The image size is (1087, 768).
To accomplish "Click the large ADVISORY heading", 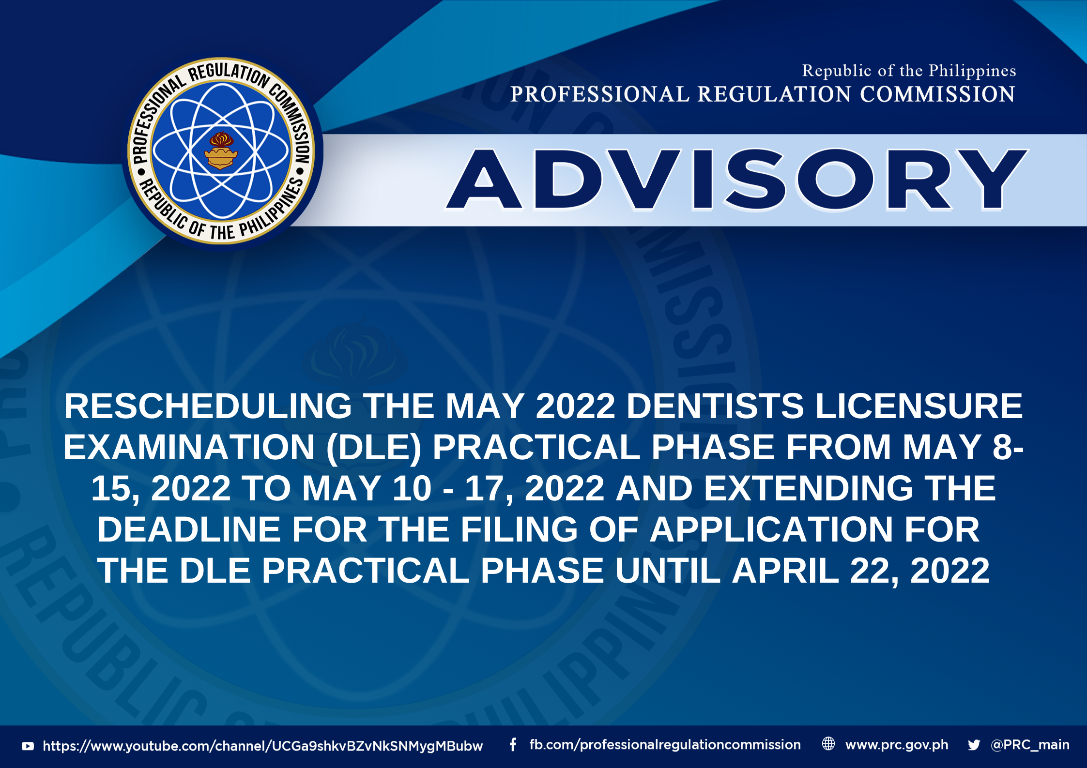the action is click(x=736, y=180).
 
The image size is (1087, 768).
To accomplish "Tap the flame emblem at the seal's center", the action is click(x=221, y=151).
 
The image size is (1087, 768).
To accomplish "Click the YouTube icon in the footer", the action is click(x=28, y=746).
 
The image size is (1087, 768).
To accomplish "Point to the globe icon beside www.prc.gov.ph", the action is click(x=828, y=744).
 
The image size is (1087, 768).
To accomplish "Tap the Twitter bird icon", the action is click(x=974, y=745).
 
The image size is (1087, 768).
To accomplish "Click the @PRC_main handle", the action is click(x=1030, y=745).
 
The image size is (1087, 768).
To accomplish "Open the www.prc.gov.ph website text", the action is click(x=897, y=745).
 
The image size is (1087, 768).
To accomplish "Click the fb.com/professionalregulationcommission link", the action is click(x=665, y=745).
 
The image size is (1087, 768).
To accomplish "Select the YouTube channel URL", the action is click(x=263, y=746).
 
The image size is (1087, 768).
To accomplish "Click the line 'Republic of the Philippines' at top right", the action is click(x=909, y=71).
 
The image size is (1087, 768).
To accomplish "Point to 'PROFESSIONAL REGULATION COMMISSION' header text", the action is click(x=763, y=94).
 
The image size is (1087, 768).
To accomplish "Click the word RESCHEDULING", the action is click(x=208, y=406).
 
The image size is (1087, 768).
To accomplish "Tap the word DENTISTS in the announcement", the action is click(x=715, y=406).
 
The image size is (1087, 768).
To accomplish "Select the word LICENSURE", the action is click(x=919, y=406).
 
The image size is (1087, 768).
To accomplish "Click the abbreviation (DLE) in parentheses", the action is click(x=373, y=448).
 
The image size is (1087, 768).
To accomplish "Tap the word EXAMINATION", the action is click(x=189, y=447).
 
